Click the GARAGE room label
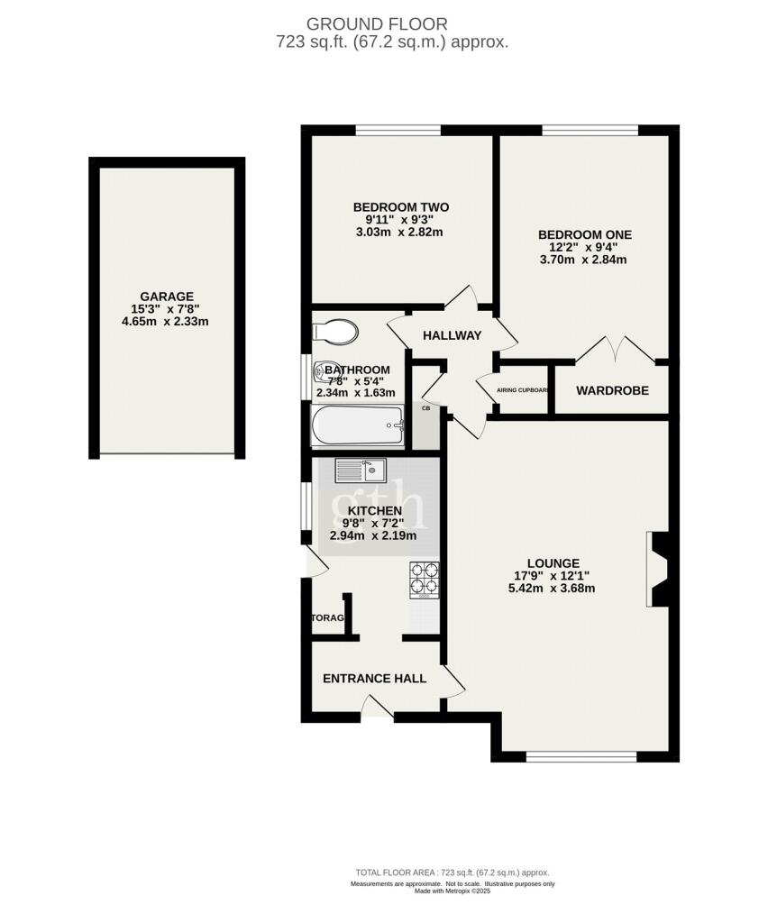[x=166, y=297]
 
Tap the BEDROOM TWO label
[x=400, y=207]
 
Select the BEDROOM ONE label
[x=584, y=234]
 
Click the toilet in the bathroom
[x=334, y=332]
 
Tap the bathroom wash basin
[x=325, y=371]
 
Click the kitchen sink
[x=361, y=470]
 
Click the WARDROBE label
[x=611, y=390]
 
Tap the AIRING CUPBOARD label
[x=524, y=390]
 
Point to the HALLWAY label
[x=453, y=335]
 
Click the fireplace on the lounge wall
[x=656, y=570]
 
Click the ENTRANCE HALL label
[x=374, y=679]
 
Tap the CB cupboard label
[x=425, y=408]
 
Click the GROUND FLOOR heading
[x=376, y=23]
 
